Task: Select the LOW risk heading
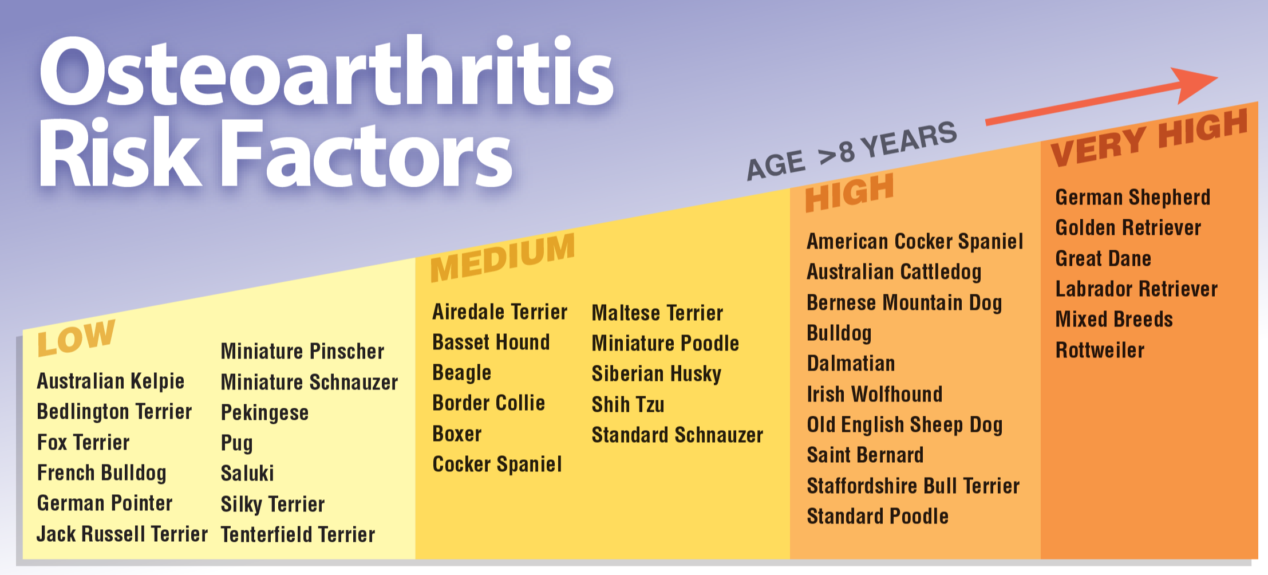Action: [76, 337]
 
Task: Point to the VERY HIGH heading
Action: [1150, 137]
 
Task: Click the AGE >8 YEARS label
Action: [852, 150]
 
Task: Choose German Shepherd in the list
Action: [1133, 198]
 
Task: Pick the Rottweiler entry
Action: [1100, 350]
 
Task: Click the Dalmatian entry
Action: [851, 364]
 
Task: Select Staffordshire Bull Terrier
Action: [913, 486]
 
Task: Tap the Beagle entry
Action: [462, 373]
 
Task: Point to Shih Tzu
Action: [628, 404]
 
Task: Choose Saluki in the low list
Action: [247, 474]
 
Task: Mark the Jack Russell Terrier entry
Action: [122, 534]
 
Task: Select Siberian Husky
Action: [657, 375]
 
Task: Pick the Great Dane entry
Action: [1103, 259]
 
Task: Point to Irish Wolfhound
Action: [875, 395]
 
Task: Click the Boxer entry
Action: [457, 434]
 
